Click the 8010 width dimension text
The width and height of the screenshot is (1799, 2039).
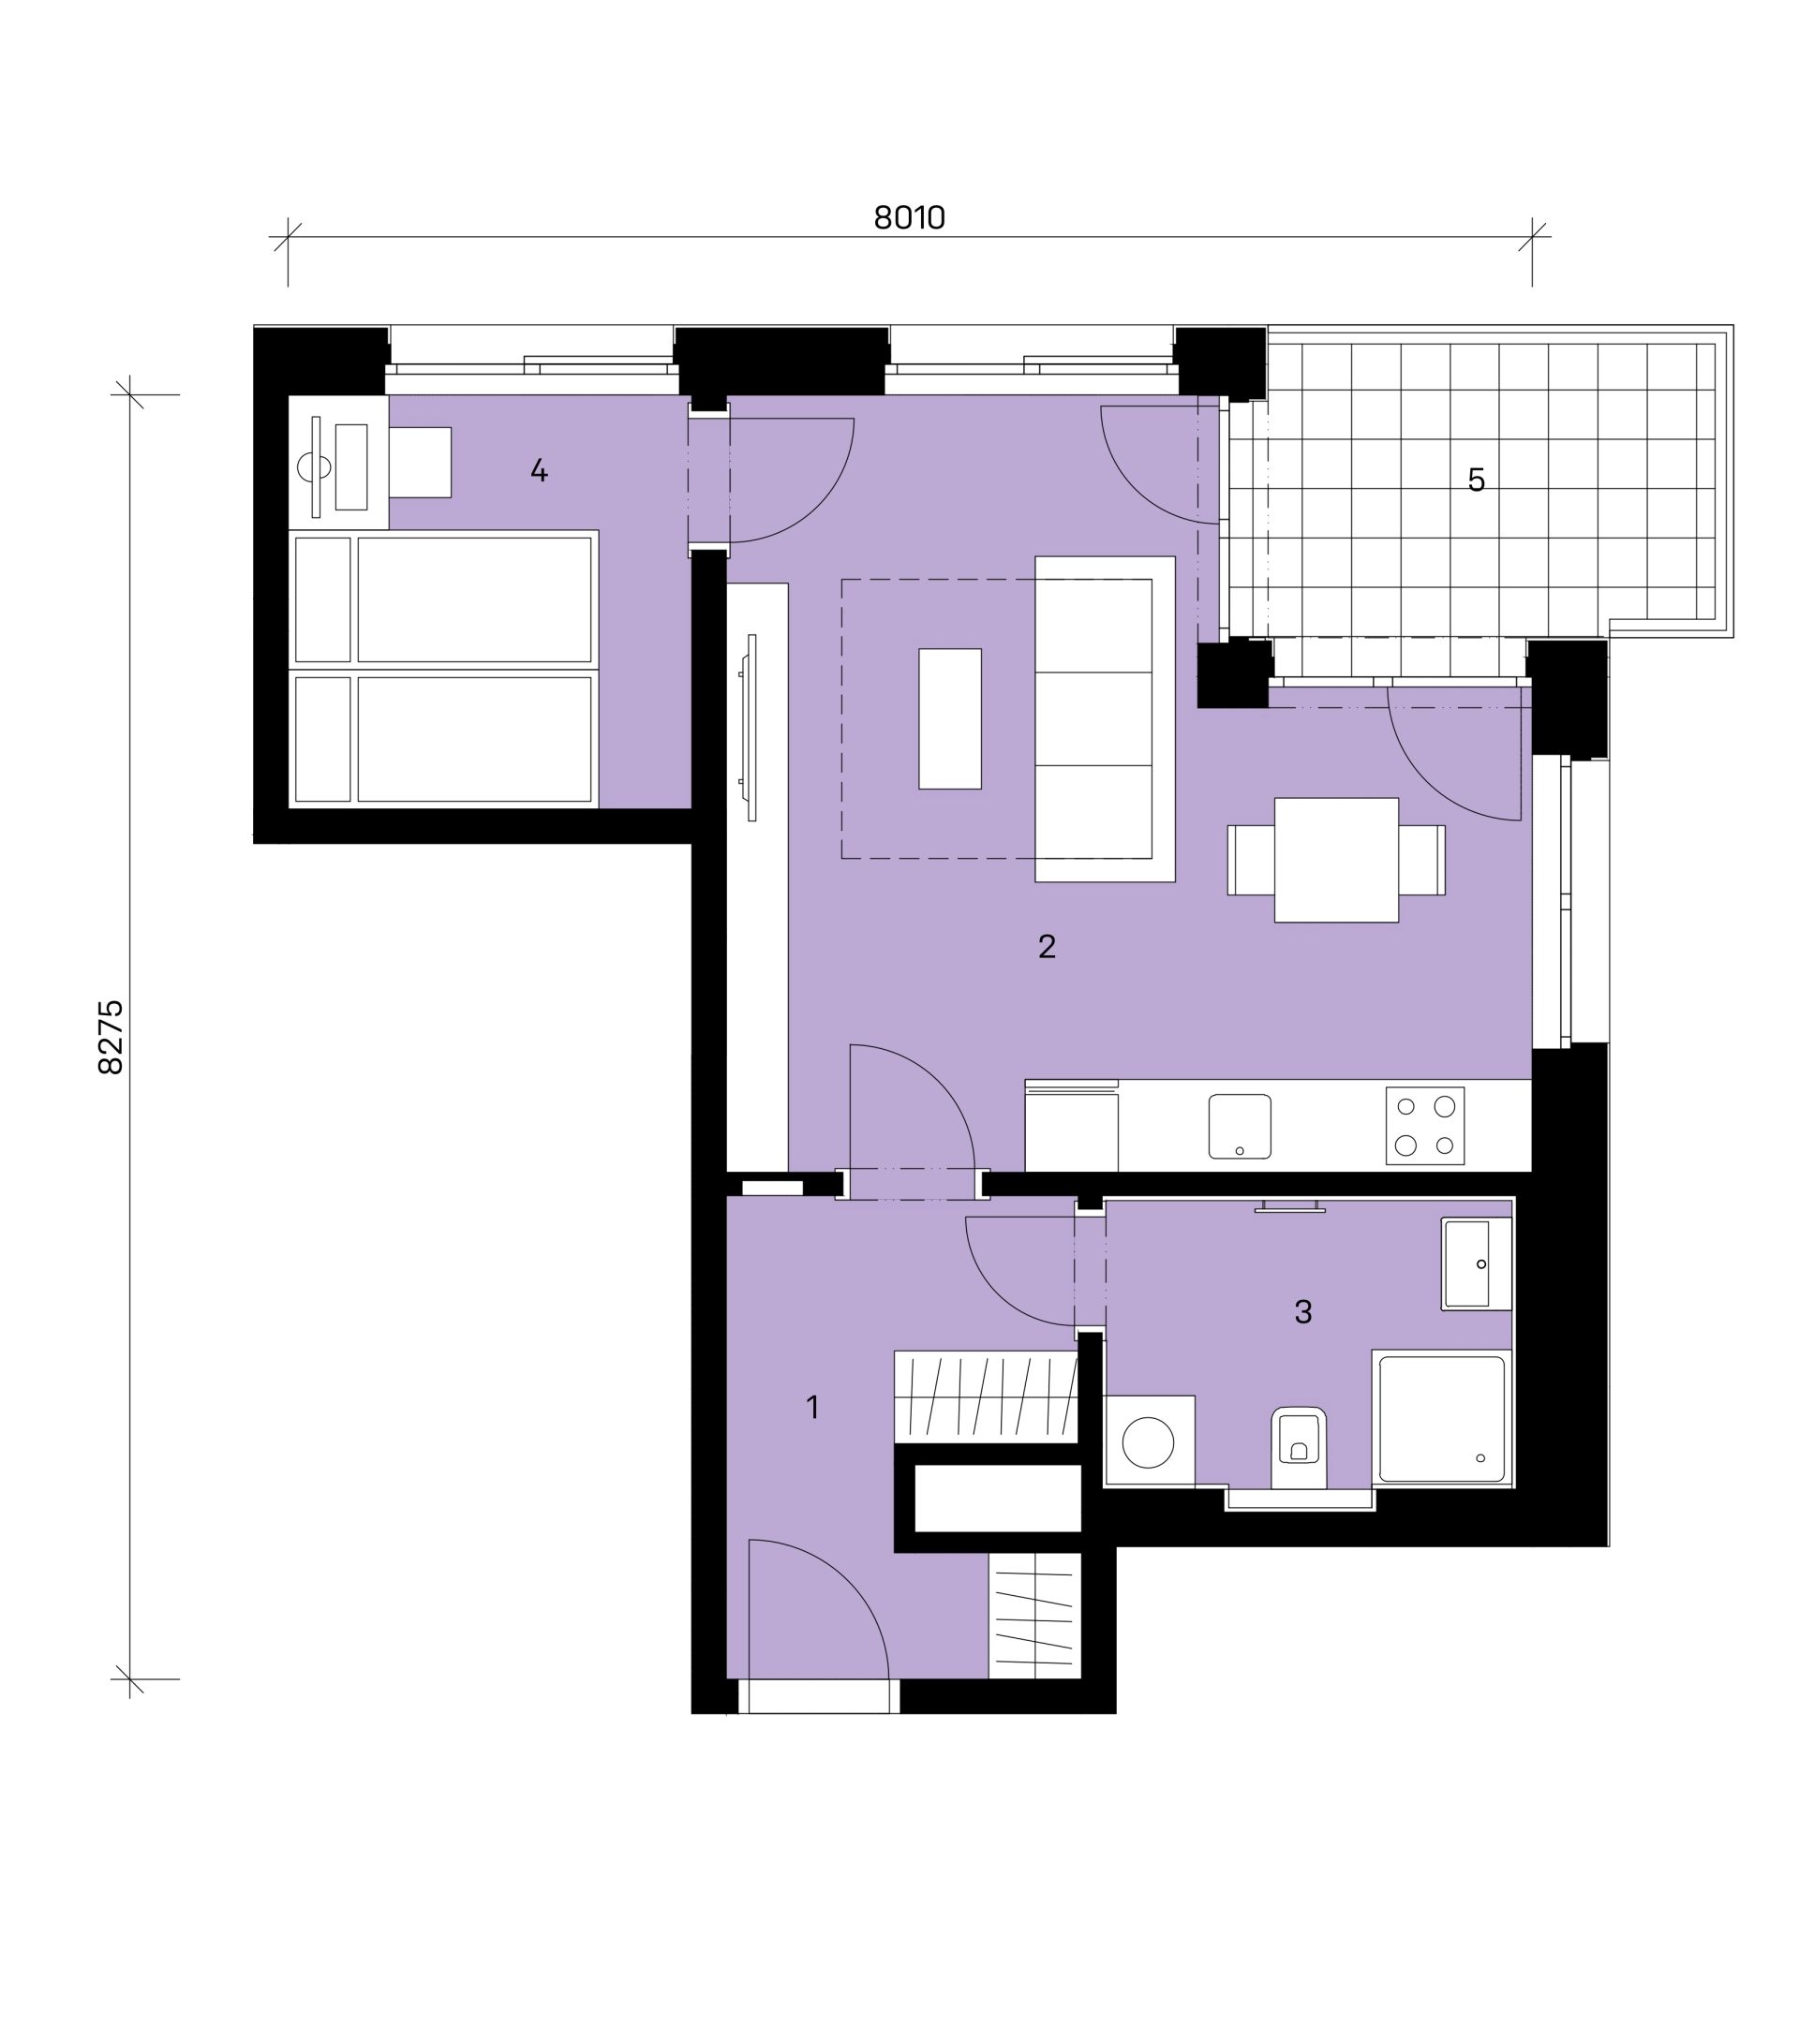click(x=909, y=217)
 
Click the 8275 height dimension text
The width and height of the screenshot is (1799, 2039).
click(x=111, y=1037)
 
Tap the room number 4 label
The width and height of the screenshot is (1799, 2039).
click(x=539, y=470)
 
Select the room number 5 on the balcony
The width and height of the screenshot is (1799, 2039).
click(x=1476, y=480)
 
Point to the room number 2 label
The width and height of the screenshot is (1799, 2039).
click(x=1047, y=946)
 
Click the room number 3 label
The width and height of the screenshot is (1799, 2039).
click(x=1302, y=1312)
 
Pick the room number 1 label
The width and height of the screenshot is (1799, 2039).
click(x=813, y=1408)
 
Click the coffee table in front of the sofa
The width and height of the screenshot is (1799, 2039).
click(x=950, y=718)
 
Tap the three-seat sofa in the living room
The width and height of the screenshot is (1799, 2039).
click(x=1105, y=718)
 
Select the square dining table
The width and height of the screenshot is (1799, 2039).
click(x=1336, y=860)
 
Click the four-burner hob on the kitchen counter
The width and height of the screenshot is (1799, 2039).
click(x=1425, y=1125)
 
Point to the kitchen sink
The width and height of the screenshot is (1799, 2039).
click(x=1240, y=1126)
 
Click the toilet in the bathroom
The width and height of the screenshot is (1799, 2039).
click(x=1299, y=1447)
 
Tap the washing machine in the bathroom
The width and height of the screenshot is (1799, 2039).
click(x=1150, y=1441)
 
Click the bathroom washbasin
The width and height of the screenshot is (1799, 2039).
click(x=1477, y=1263)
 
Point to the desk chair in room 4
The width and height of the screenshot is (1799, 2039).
click(x=420, y=463)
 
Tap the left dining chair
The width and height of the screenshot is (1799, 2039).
click(x=1251, y=860)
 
